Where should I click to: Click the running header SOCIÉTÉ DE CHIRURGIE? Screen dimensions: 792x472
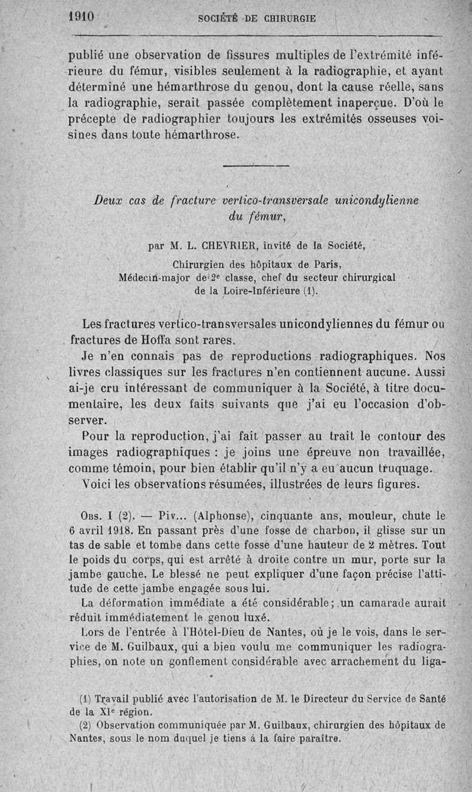coord(257,18)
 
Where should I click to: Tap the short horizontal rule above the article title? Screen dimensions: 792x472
coord(257,165)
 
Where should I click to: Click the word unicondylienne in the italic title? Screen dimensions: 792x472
coord(376,200)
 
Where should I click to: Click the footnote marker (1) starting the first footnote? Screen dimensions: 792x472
coord(84,699)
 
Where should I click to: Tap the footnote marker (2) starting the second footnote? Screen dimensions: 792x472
coord(84,725)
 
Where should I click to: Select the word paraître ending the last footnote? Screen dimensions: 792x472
coord(319,738)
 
